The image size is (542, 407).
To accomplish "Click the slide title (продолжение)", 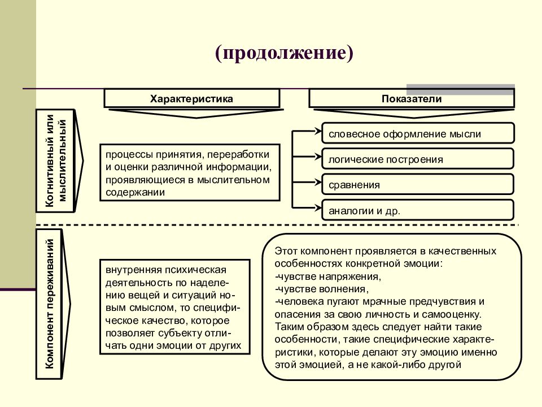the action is pos(284,53).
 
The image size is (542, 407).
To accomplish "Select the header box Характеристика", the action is pos(192,98).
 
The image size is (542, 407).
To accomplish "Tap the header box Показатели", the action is pos(412,98).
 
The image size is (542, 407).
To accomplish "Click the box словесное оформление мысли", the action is pos(418,133).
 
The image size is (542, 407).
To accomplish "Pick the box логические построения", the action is pos(418,159).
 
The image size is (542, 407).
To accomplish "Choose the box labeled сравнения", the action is pos(418,184).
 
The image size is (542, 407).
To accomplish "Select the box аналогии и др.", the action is pos(418,210).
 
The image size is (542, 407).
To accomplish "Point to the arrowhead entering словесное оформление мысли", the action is pos(318,131).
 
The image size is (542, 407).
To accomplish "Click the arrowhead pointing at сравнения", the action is pos(318,182).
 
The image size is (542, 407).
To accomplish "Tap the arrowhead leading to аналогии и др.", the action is pos(318,207).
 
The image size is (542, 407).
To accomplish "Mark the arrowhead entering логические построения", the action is pos(318,157).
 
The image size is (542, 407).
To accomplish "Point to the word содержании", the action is pos(135,192).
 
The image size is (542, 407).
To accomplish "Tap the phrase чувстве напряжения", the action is pos(329,276).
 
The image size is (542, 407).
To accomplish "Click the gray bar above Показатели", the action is pos(461,89).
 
